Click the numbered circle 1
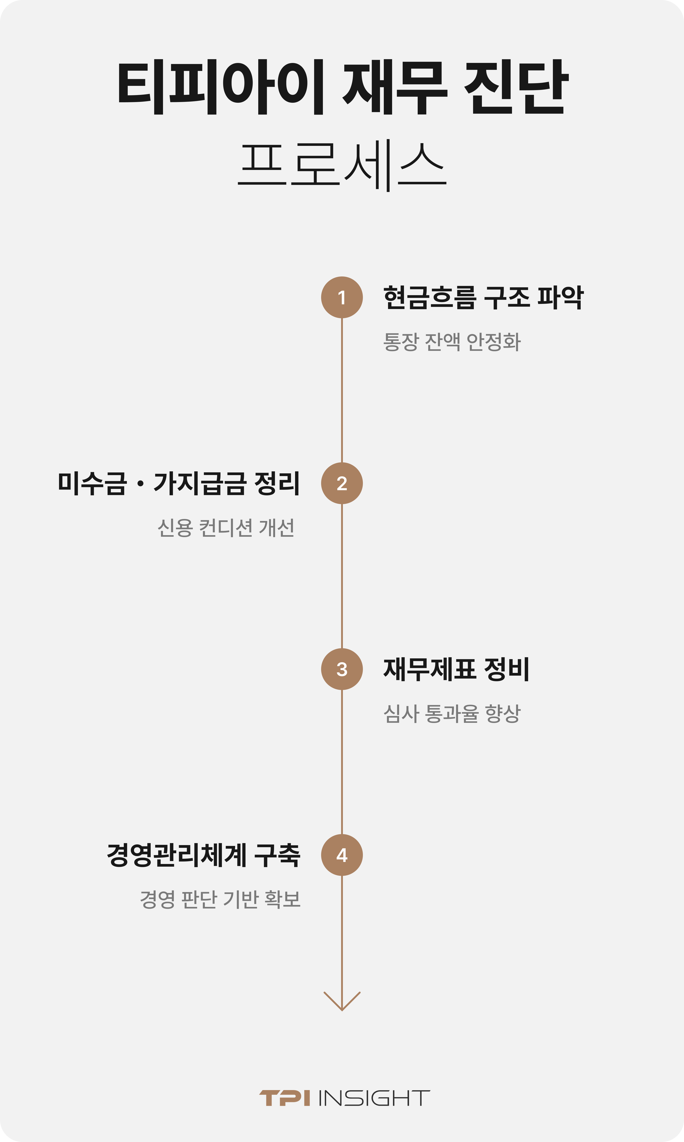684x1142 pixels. (x=342, y=298)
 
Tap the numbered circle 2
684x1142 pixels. (x=342, y=483)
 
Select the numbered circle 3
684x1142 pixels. (x=342, y=669)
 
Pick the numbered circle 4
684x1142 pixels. (x=342, y=855)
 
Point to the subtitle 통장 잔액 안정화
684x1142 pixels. (x=452, y=342)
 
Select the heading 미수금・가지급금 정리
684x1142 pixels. (x=179, y=483)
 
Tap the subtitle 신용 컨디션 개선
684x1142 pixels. (x=226, y=528)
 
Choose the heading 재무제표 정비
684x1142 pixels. (x=456, y=669)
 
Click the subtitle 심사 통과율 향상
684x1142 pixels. (x=452, y=714)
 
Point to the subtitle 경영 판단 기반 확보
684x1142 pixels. (x=220, y=899)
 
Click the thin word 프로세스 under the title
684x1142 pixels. (x=342, y=165)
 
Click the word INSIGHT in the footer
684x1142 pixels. (x=374, y=1098)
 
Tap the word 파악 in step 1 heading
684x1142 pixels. (x=560, y=298)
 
